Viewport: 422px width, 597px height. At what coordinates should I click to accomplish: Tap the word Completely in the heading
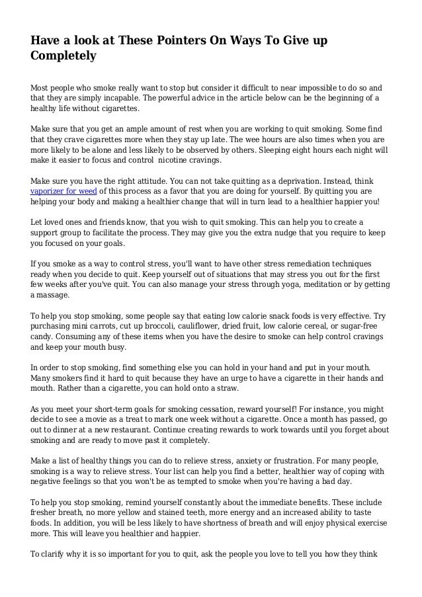[63, 56]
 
